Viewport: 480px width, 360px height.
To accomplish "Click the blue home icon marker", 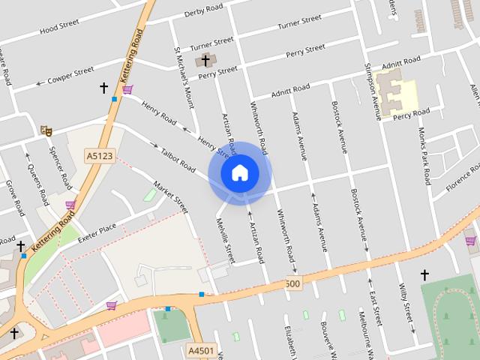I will pyautogui.click(x=239, y=173).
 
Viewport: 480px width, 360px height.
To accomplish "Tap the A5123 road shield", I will pyautogui.click(x=99, y=155).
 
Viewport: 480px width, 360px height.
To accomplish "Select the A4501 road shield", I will pyautogui.click(x=200, y=350).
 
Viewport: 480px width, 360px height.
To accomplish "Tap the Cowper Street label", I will pyautogui.click(x=68, y=79).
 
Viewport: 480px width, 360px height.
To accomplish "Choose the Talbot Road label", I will pyautogui.click(x=178, y=157).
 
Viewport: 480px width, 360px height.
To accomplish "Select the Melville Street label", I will pyautogui.click(x=226, y=238).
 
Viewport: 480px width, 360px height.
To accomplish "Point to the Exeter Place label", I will pyautogui.click(x=97, y=227).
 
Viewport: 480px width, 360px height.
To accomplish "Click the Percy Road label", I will pyautogui.click(x=411, y=113).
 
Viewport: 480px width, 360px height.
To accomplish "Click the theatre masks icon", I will pyautogui.click(x=46, y=130).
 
